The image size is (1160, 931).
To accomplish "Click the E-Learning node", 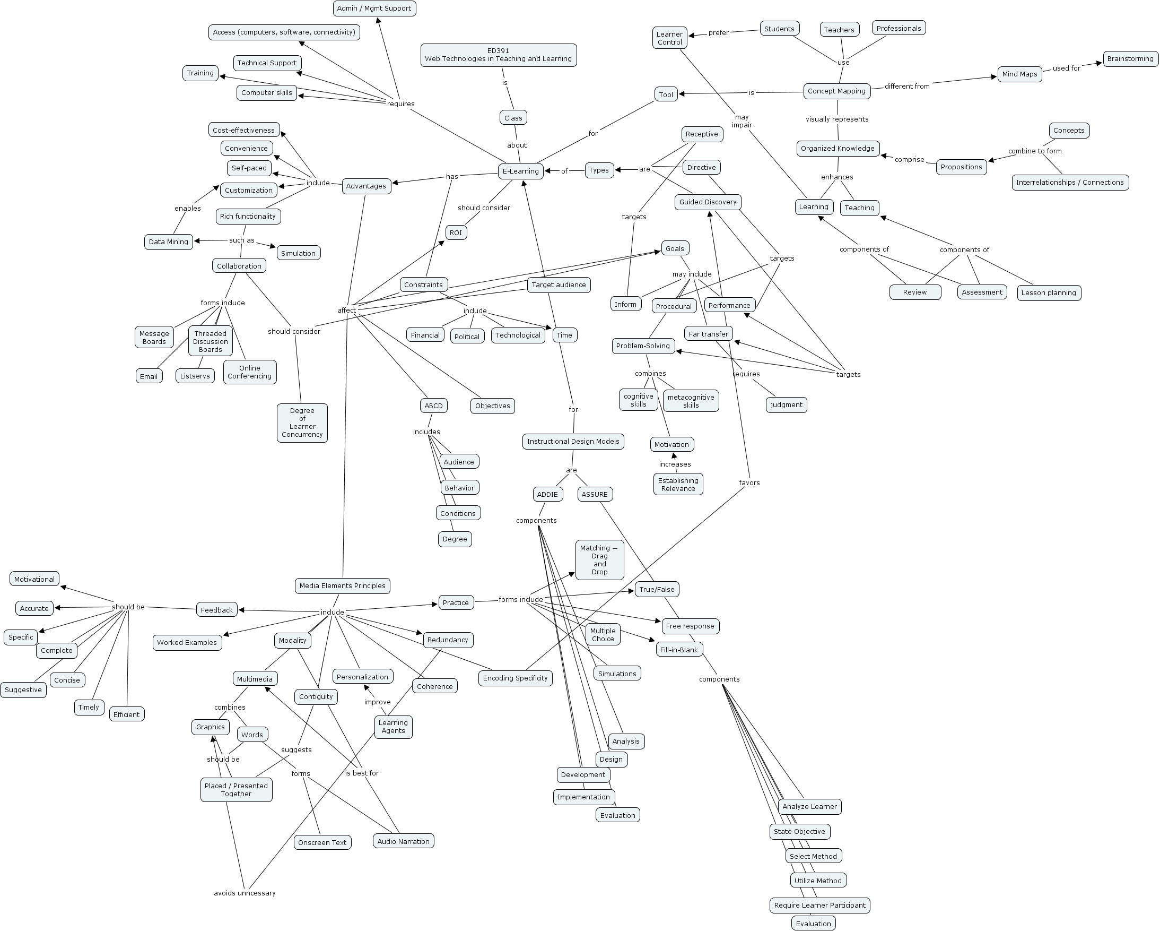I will point(520,171).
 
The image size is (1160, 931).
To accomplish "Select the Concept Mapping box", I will point(836,91).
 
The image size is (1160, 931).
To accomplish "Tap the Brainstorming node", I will point(1130,59).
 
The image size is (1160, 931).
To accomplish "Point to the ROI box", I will point(456,232).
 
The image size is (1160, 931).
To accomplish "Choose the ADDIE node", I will point(547,494).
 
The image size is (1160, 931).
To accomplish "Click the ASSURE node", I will point(595,494).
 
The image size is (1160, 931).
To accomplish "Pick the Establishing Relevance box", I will point(678,485).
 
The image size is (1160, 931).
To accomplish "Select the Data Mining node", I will point(169,242).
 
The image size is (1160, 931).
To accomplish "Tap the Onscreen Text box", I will point(322,843).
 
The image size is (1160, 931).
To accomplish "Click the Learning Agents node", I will point(394,727).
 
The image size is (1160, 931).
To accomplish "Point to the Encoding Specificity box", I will point(515,678).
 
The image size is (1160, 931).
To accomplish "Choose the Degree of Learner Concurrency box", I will point(302,423).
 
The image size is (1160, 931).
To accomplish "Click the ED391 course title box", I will point(498,55).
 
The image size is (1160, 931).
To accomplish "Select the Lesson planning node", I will point(1049,293).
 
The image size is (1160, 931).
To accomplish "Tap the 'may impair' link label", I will point(742,121).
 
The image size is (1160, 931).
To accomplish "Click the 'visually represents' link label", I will point(836,119).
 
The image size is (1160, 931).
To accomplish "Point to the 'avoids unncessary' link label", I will point(245,893).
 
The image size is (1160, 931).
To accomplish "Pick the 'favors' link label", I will point(749,483).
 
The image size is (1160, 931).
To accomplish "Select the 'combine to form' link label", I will point(1035,151).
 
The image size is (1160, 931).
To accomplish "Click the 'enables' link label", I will point(187,209).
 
